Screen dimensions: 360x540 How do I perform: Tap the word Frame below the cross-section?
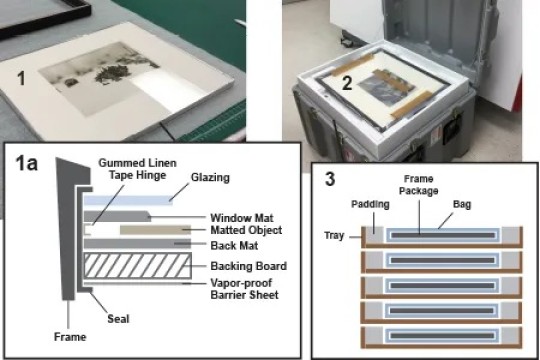[68, 337]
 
